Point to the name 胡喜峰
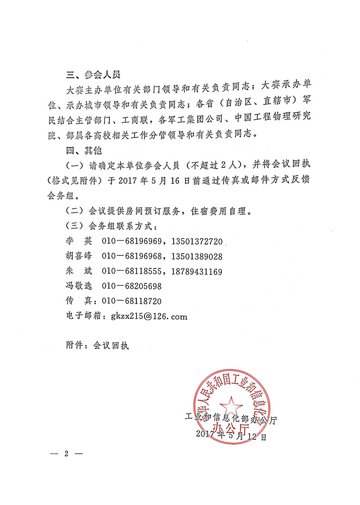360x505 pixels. coord(79,256)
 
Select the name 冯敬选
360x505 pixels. coord(79,286)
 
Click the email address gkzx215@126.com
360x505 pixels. coord(149,316)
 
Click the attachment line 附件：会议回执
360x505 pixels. coord(97,345)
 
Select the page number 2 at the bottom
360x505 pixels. coord(66,453)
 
